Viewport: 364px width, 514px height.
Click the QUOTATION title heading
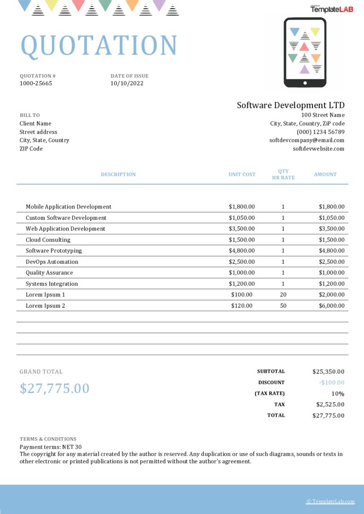point(99,45)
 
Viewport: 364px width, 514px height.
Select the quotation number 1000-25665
point(36,83)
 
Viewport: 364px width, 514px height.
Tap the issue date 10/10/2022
point(127,83)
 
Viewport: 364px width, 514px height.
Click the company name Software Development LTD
point(291,105)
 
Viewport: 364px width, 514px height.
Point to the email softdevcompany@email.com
point(307,140)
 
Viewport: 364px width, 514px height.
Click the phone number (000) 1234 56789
point(321,132)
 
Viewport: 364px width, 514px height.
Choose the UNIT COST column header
point(242,174)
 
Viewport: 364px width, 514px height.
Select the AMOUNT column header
point(325,174)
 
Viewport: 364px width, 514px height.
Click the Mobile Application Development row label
point(69,207)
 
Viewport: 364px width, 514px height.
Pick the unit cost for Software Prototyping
point(242,251)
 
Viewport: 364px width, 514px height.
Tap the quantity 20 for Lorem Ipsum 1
point(283,295)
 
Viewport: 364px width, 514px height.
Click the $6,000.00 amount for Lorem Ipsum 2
point(331,306)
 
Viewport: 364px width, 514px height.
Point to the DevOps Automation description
point(52,262)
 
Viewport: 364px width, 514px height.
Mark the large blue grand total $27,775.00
point(54,388)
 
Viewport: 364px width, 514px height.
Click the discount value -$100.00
point(331,382)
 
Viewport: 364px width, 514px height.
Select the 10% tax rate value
point(338,393)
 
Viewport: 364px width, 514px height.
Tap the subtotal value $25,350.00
point(328,371)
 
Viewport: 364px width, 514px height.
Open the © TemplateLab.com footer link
point(330,502)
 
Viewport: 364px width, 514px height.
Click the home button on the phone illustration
point(305,83)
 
